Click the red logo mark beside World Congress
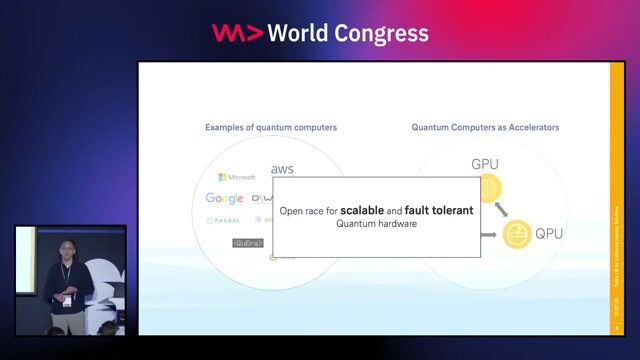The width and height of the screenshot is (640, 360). click(x=237, y=33)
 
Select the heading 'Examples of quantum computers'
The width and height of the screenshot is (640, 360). click(x=271, y=128)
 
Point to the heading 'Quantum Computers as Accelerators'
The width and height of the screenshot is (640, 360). click(x=485, y=128)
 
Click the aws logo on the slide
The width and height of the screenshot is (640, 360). click(x=282, y=170)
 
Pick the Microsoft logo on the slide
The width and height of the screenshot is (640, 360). click(x=237, y=177)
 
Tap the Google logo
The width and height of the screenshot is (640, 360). click(x=224, y=199)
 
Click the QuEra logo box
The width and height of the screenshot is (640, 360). click(x=247, y=242)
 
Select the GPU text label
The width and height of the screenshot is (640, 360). click(x=485, y=164)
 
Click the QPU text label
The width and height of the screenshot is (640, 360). click(x=549, y=235)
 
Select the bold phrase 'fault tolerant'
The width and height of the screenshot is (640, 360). click(x=439, y=211)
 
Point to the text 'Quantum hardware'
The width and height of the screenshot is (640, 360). click(x=376, y=224)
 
